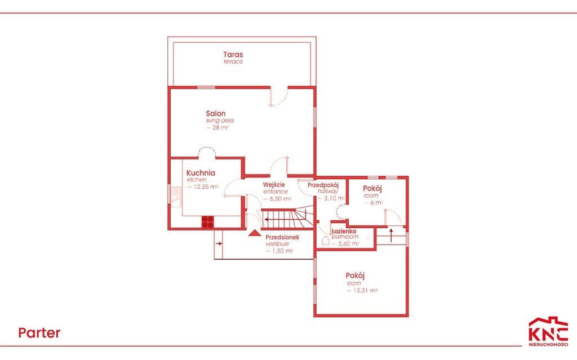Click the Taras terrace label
pos(233,57)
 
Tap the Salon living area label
pos(220,120)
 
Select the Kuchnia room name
pos(201,172)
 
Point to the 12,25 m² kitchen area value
pos(202,186)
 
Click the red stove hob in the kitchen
pos(207,222)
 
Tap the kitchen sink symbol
pos(176,198)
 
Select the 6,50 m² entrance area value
pos(277,198)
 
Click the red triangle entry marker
pos(255,233)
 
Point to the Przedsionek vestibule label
pos(282,241)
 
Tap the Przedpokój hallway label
pos(323,188)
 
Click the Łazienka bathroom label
pos(344,234)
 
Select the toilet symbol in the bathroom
pos(325,241)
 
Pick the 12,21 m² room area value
pos(362,290)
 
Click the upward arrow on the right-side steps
pos(391,235)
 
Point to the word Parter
pos(39,333)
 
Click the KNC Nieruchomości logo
pos(548,331)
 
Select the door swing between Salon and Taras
pos(279,97)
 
